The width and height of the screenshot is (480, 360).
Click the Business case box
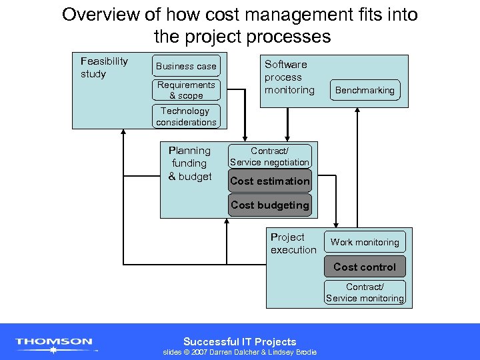tap(186, 66)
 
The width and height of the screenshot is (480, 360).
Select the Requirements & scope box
tap(186, 90)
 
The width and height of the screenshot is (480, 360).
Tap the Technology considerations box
tap(186, 117)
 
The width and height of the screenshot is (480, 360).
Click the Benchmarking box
tap(365, 90)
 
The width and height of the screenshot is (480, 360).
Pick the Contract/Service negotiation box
tap(269, 157)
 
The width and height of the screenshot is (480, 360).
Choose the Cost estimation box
tap(269, 181)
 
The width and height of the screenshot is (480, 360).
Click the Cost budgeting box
tap(269, 205)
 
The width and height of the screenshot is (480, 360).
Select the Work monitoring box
tap(365, 242)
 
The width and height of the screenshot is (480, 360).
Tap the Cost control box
tap(365, 267)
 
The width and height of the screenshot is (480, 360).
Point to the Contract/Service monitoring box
tap(365, 293)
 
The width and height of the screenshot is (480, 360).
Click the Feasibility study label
tap(104, 67)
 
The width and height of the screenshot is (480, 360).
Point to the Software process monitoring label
tap(289, 77)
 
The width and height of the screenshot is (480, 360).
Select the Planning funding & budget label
tap(189, 163)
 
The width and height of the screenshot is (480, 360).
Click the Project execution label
tap(293, 243)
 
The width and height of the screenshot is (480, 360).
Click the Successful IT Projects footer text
tap(240, 341)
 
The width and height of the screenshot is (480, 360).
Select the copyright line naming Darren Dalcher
tap(240, 353)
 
